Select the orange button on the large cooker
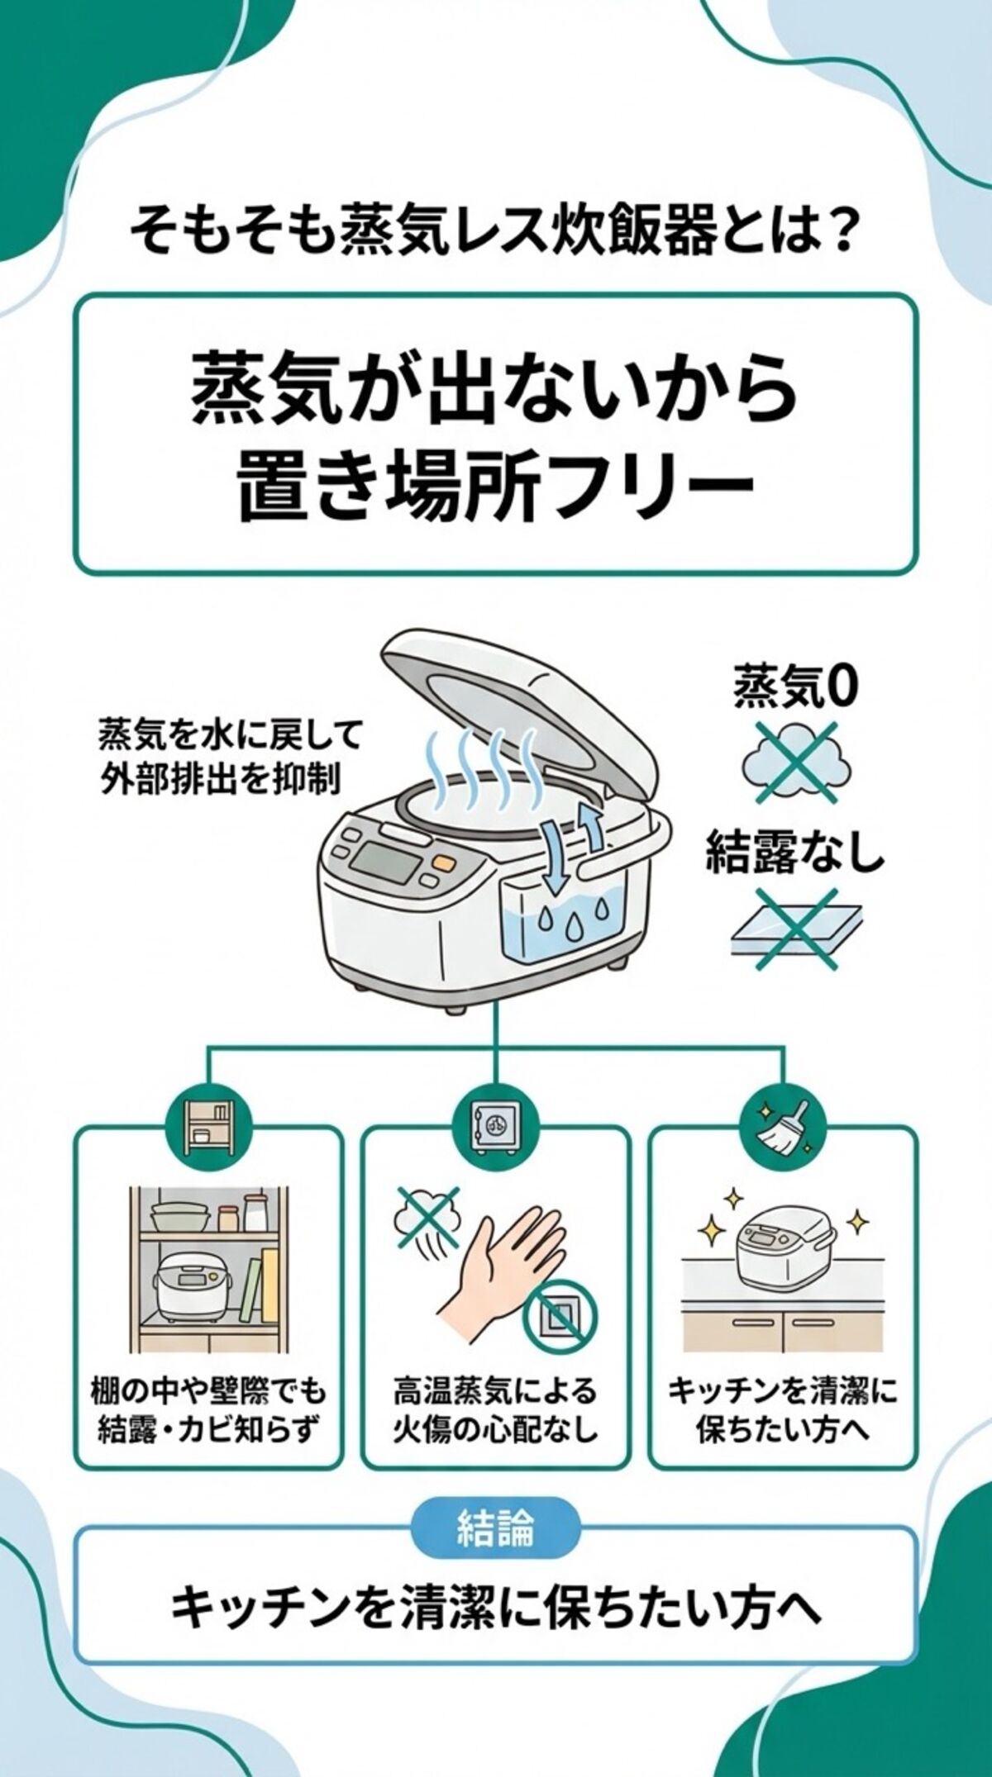[444, 863]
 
